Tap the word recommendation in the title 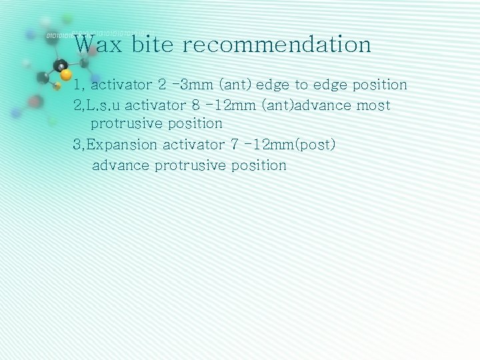point(276,45)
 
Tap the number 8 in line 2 point(195,105)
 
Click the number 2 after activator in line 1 point(163,85)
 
